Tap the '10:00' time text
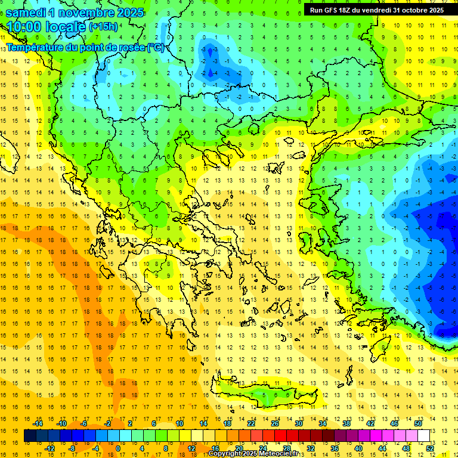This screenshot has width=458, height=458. pyautogui.click(x=24, y=27)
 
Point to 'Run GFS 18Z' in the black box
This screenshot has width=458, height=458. pyautogui.click(x=332, y=10)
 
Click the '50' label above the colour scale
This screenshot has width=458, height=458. pyautogui.click(x=417, y=423)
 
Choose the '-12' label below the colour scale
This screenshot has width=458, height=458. pyautogui.click(x=50, y=448)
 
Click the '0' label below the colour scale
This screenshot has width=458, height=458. pyautogui.click(x=117, y=448)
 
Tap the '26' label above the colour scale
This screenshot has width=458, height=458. pyautogui.click(x=275, y=423)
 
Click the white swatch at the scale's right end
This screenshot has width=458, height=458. pyautogui.click(x=424, y=435)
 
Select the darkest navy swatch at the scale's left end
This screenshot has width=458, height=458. pyautogui.click(x=30, y=435)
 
